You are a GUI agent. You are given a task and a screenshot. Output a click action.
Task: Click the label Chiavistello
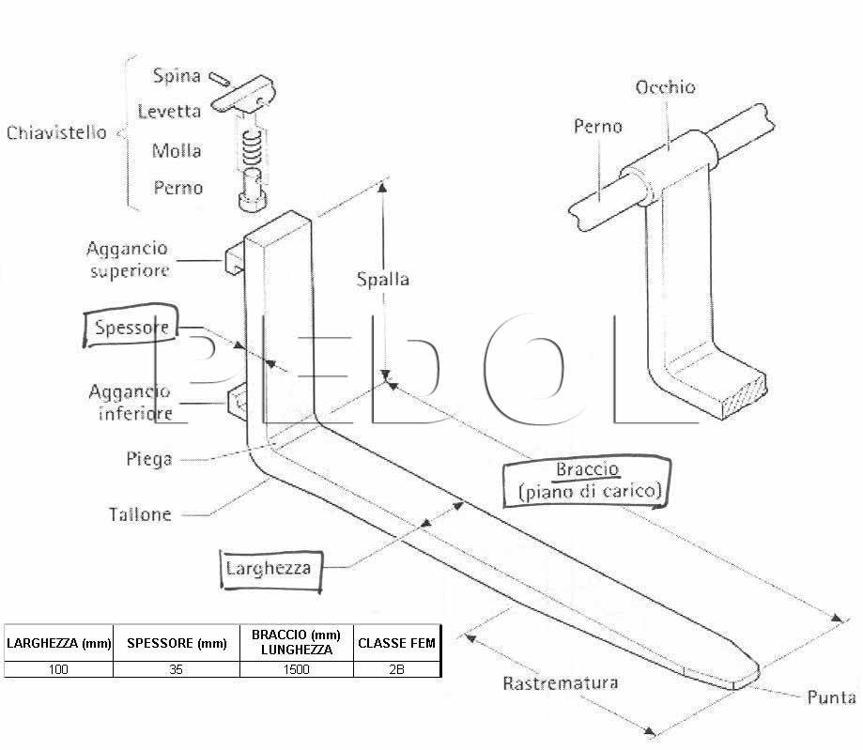pos(56,132)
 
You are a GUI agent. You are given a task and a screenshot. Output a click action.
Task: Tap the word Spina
pos(177,75)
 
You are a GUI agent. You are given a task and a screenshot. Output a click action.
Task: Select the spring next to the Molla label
pos(252,147)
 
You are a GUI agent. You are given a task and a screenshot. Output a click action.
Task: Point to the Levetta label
pos(169,111)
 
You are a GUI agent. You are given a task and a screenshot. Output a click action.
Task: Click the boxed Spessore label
pos(131,327)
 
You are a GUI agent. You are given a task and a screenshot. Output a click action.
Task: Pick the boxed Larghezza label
pos(270,569)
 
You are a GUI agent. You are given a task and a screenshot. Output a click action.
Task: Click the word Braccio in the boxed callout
pos(587,469)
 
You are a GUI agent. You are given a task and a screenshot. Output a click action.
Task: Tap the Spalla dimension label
pos(382,279)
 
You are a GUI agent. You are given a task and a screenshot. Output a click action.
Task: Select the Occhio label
pos(666,87)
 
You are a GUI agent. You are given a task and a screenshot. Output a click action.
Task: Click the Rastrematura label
pos(561,682)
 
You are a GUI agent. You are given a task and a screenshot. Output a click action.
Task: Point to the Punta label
pos(831,697)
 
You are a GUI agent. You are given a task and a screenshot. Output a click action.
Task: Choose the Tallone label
pos(140,514)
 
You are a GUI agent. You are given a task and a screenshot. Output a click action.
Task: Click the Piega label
pos(149,459)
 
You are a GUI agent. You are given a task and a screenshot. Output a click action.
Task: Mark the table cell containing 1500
pos(296,669)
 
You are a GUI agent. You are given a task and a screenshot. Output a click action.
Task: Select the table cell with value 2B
pos(396,669)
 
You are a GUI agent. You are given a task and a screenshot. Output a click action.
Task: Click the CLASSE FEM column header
pos(396,643)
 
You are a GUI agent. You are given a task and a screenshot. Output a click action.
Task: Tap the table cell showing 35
pos(177,669)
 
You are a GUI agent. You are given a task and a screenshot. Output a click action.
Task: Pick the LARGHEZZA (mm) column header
pos(58,643)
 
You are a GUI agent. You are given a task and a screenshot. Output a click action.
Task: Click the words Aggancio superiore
pos(128,259)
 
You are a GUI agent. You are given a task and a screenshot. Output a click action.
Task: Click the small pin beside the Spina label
pos(219,79)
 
